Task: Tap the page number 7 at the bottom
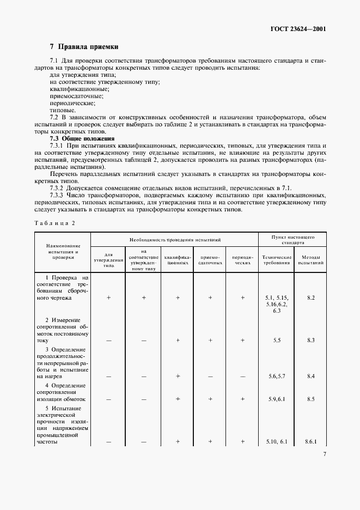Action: tap(325, 453)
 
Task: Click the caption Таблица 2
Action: tap(54, 222)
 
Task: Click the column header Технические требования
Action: tap(277, 259)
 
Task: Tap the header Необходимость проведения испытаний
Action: tap(174, 240)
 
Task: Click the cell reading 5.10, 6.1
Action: tap(277, 441)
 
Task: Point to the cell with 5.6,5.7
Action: tap(277, 376)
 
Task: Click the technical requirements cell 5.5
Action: tap(277, 340)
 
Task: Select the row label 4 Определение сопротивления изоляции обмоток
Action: tap(63, 392)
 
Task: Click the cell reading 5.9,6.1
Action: tap(277, 399)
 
